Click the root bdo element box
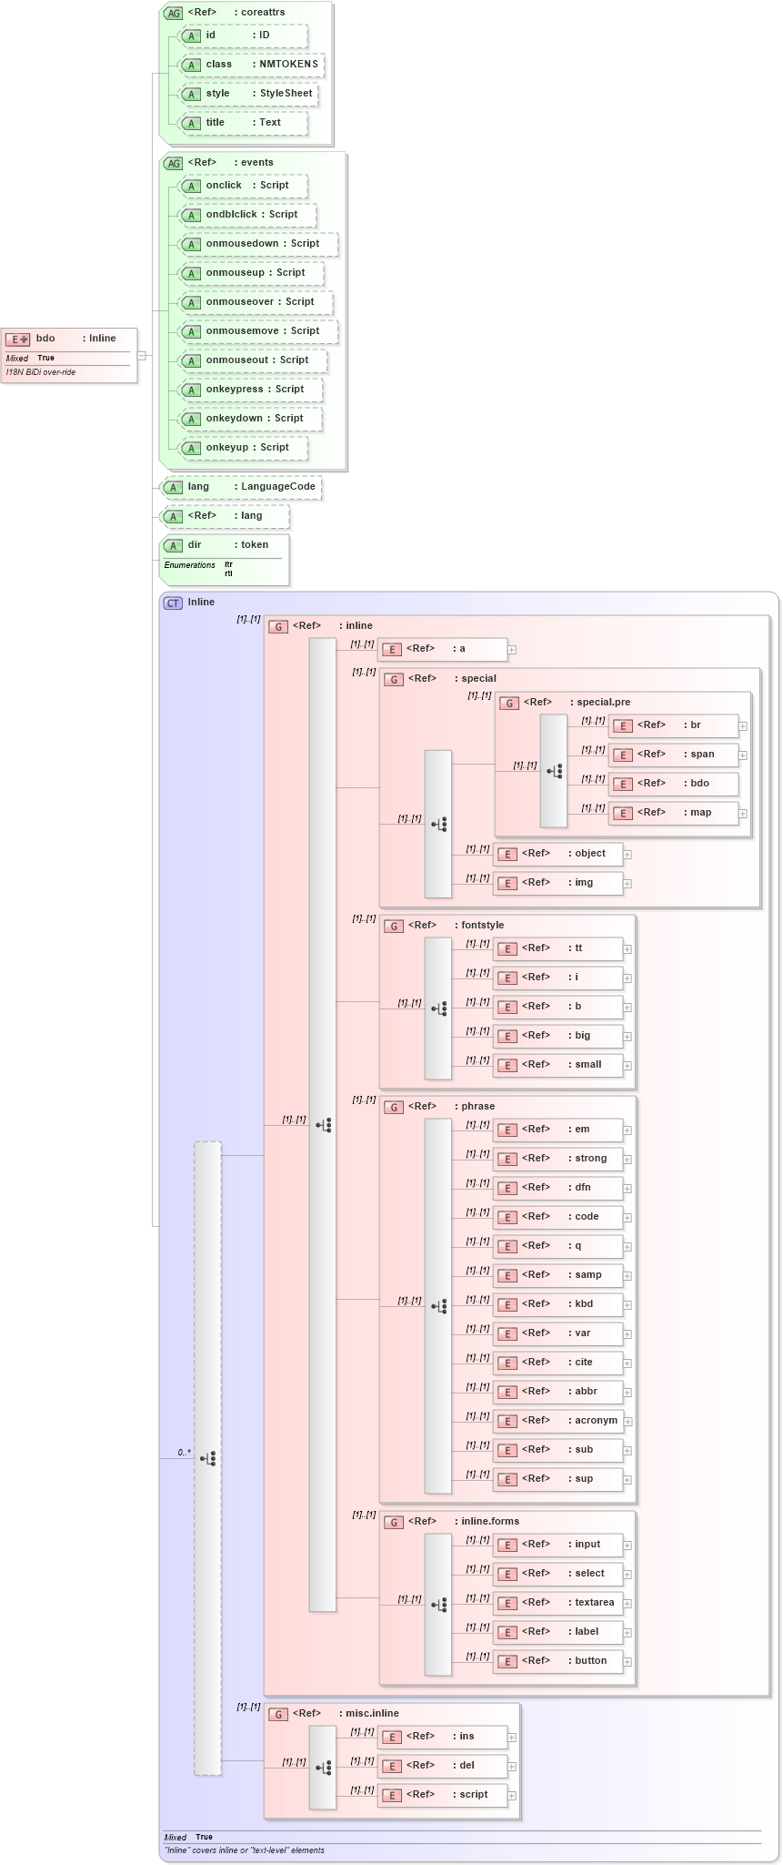tap(69, 340)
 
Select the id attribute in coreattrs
tap(243, 35)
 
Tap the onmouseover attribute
tap(256, 302)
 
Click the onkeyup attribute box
tap(243, 448)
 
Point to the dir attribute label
tap(195, 545)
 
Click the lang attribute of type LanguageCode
tap(241, 487)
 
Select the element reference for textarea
tap(558, 1602)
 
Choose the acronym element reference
tap(558, 1420)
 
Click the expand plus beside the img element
tap(627, 883)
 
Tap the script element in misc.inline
tap(443, 1794)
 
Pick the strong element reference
tap(558, 1158)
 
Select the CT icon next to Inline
tap(173, 603)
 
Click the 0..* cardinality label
tap(184, 1452)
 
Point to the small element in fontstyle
tap(558, 1064)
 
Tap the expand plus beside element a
tap(512, 650)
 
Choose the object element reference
tap(558, 853)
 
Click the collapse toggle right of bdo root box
tap(142, 355)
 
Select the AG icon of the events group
tap(173, 163)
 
